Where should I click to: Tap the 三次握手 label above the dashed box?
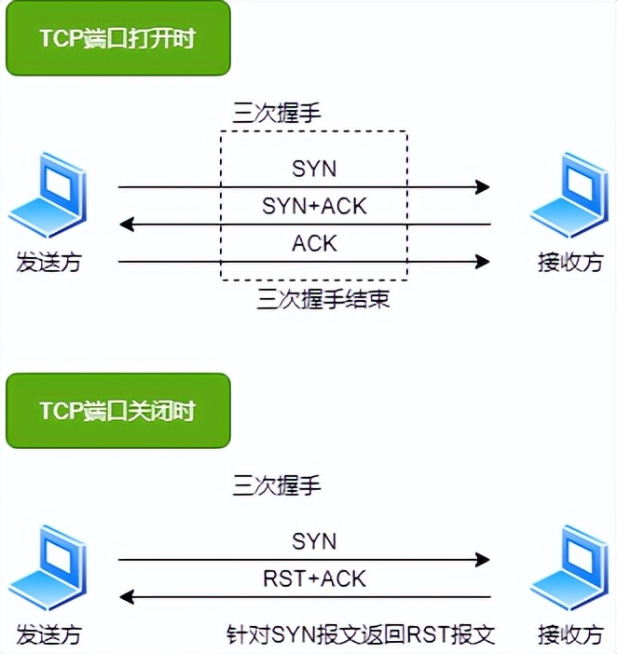click(277, 114)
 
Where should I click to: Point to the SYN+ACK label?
click(316, 205)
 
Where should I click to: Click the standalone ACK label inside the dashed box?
click(314, 243)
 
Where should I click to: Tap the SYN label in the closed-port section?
click(314, 540)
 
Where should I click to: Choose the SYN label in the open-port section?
click(314, 169)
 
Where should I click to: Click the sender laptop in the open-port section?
click(48, 197)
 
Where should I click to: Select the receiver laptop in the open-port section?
click(569, 197)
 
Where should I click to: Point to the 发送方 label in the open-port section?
click(48, 262)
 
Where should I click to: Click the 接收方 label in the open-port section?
click(569, 262)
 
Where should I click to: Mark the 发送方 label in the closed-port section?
click(48, 634)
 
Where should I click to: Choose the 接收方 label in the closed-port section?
click(569, 634)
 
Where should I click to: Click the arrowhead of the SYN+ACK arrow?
click(128, 225)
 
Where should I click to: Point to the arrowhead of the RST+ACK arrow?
click(128, 597)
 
